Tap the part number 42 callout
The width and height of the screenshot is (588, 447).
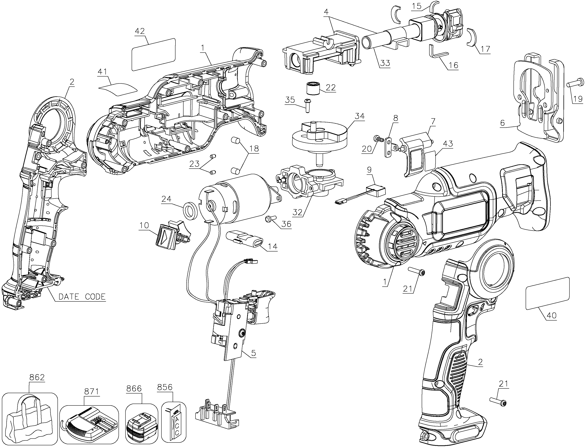pyautogui.click(x=140, y=31)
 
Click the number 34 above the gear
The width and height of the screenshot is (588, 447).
pyautogui.click(x=360, y=116)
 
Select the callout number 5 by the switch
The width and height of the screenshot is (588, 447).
pyautogui.click(x=253, y=353)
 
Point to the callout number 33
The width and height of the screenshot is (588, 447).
pyautogui.click(x=385, y=63)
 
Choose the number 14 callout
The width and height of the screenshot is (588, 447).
pyautogui.click(x=272, y=246)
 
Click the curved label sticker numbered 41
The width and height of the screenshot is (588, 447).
pyautogui.click(x=118, y=89)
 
